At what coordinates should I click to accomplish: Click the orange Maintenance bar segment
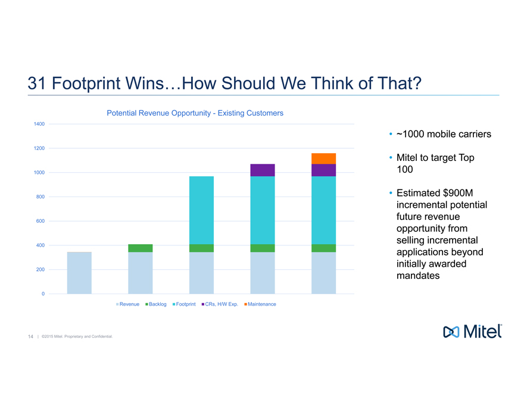[323, 158]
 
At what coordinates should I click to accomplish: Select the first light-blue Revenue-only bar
[79, 273]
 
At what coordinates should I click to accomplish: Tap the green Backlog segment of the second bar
[141, 248]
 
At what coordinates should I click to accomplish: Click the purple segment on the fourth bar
[263, 170]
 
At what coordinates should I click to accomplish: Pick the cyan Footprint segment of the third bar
[201, 210]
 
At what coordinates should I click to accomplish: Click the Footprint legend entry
[185, 304]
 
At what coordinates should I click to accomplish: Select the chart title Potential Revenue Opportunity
[195, 113]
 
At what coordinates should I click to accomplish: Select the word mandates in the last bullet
[418, 276]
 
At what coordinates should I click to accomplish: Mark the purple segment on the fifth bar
[323, 170]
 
